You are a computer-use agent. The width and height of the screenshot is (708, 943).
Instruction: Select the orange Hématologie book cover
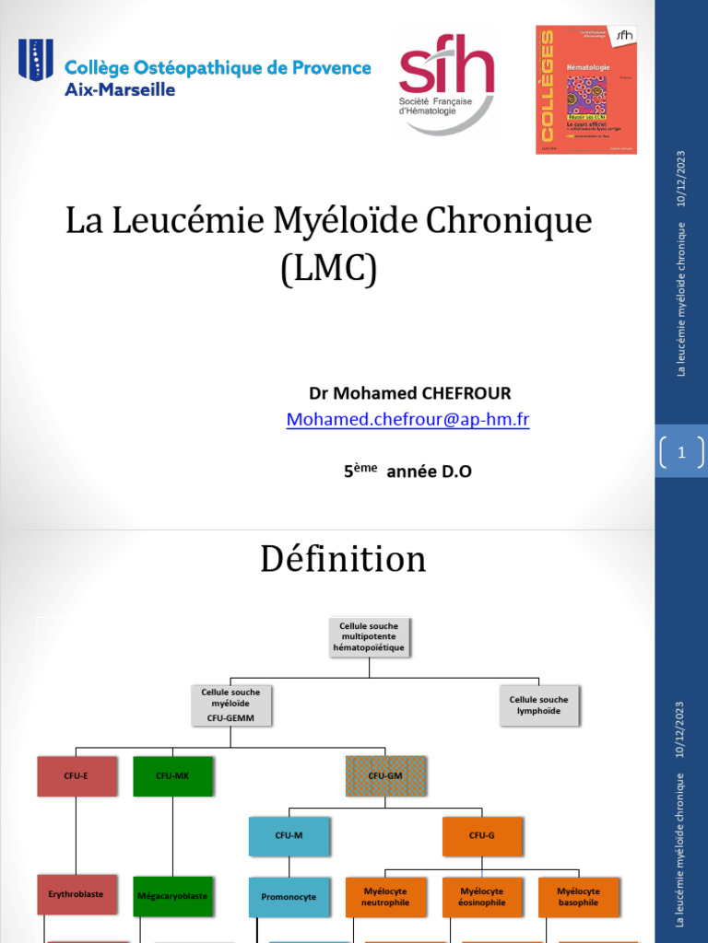click(586, 89)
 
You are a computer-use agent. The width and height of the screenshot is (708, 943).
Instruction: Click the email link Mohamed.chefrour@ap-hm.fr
click(407, 420)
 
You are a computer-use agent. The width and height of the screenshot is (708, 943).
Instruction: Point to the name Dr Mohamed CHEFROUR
click(410, 393)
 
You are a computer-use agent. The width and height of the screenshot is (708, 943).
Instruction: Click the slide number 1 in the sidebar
click(681, 452)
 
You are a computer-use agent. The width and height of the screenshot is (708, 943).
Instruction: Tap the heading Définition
click(343, 559)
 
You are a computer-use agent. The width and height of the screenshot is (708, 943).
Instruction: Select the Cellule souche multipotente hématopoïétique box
click(369, 636)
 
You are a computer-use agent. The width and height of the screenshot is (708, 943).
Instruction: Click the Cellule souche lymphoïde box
click(538, 705)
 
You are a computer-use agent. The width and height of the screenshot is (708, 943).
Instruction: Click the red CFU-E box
click(77, 775)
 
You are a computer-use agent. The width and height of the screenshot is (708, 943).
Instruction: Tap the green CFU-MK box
click(172, 775)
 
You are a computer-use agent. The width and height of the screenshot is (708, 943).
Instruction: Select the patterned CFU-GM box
click(385, 775)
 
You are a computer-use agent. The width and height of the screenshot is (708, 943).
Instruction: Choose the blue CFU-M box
click(289, 835)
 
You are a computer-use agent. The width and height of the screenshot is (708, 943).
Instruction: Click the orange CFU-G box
click(481, 835)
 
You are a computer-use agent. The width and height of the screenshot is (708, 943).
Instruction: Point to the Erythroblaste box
click(77, 894)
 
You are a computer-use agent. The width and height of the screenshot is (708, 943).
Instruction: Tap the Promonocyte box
click(289, 897)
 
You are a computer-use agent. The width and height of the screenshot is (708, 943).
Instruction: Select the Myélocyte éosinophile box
click(481, 897)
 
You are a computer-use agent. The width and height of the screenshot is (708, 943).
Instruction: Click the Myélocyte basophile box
click(578, 897)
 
